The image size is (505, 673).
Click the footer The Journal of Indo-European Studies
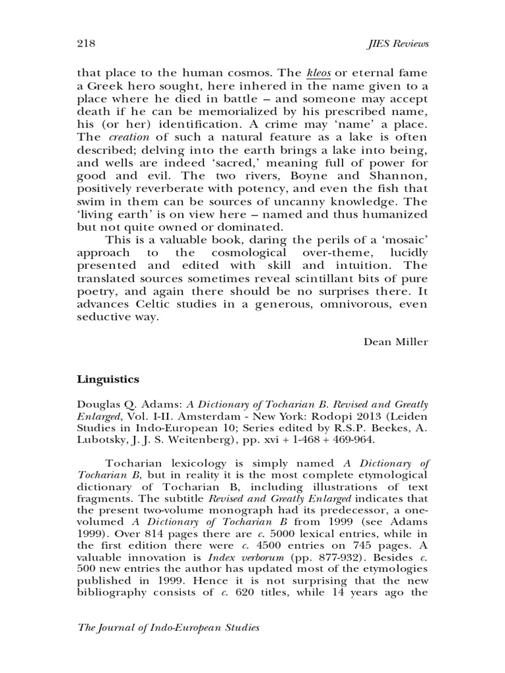[x=169, y=628]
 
